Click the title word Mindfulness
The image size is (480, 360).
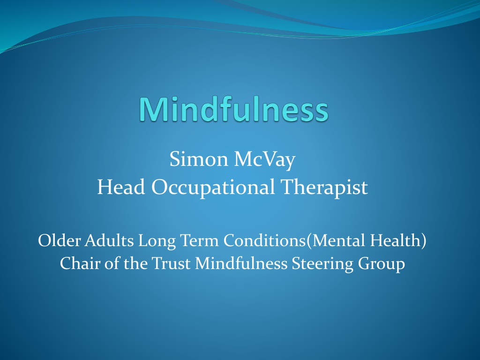tap(234, 109)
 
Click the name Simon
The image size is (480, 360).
tap(199, 159)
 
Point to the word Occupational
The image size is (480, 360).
tap(213, 187)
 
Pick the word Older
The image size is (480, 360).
tap(59, 240)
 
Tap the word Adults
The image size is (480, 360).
tap(109, 240)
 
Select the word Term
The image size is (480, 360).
tap(199, 240)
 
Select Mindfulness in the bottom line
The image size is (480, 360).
tap(241, 263)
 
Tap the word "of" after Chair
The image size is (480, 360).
tap(112, 263)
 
